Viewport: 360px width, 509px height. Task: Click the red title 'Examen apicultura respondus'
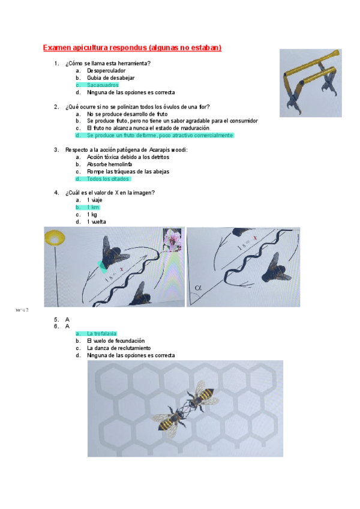click(132, 47)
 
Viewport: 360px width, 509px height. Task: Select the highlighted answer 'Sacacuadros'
click(102, 85)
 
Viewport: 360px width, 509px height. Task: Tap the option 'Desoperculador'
click(106, 71)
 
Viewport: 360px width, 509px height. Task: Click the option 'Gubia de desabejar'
click(110, 78)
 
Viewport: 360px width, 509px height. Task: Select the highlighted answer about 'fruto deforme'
click(159, 136)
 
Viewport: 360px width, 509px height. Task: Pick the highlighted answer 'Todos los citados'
click(107, 179)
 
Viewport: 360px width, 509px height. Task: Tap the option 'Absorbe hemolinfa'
click(110, 164)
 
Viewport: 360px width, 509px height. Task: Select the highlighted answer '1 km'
click(93, 207)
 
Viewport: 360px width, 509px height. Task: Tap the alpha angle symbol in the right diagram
click(199, 289)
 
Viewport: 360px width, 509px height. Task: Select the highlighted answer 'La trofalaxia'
click(101, 334)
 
